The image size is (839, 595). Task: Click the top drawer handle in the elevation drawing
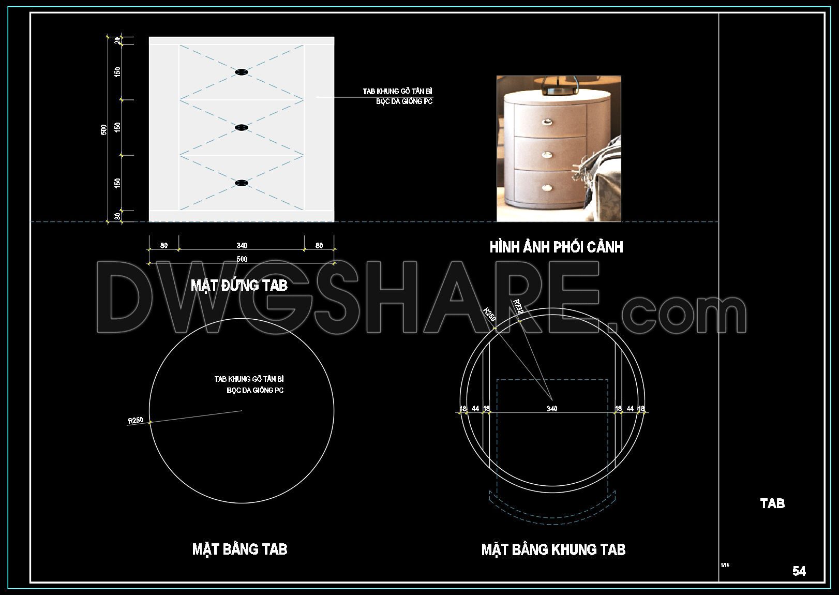[x=241, y=72]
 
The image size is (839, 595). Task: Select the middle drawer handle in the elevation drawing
[x=241, y=127]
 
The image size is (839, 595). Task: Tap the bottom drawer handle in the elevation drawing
[x=241, y=183]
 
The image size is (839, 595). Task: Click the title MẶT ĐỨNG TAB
[x=239, y=285]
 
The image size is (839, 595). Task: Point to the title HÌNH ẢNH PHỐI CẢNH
[x=556, y=247]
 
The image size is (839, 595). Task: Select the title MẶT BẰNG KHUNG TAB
[x=553, y=549]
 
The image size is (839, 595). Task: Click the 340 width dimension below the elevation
[x=242, y=245]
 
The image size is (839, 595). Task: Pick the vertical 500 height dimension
[x=104, y=129]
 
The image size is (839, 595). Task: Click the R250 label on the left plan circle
[x=136, y=420]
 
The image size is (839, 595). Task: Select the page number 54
[x=799, y=571]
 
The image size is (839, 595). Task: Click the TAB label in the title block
[x=772, y=503]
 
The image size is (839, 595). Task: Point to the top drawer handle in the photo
[x=546, y=122]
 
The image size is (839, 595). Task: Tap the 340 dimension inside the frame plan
[x=552, y=409]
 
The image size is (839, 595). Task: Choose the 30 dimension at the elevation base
[x=118, y=216]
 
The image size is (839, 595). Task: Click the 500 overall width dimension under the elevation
[x=242, y=259]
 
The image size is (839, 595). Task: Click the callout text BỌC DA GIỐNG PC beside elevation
[x=404, y=101]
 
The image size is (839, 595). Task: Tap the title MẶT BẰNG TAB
[x=239, y=549]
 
